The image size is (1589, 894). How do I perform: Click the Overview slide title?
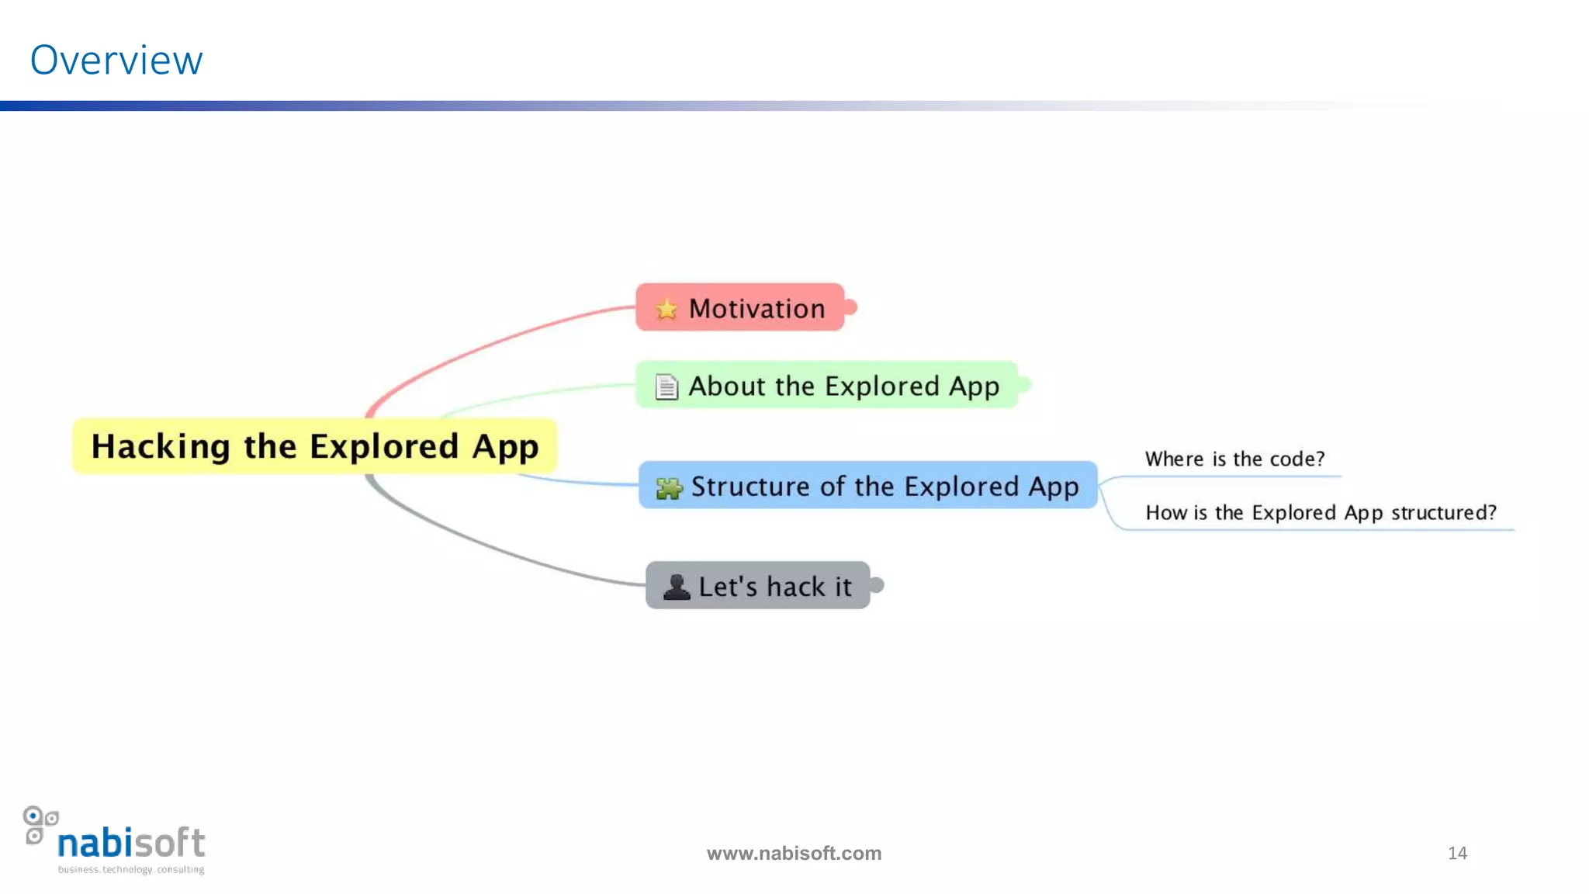[x=116, y=61]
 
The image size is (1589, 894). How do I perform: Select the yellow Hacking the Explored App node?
[x=314, y=446]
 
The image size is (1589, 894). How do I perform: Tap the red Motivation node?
[x=740, y=308]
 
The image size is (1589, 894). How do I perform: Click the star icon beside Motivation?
[x=666, y=310]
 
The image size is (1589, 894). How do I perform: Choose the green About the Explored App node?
[x=826, y=385]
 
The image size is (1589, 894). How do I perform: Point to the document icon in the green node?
[x=666, y=386]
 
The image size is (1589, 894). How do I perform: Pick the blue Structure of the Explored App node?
[x=867, y=486]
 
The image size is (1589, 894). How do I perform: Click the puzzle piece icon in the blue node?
[x=669, y=488]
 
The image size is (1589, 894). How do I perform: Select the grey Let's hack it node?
[x=758, y=586]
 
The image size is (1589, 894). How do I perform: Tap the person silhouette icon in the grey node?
[x=677, y=587]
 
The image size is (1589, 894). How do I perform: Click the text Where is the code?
[x=1234, y=459]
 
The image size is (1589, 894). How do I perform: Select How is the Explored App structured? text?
[x=1321, y=513]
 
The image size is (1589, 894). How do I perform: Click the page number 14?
[x=1457, y=853]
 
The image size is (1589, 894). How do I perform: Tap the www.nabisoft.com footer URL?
[x=794, y=854]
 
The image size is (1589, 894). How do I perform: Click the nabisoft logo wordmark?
[x=131, y=843]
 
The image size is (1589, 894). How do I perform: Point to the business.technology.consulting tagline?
[x=131, y=870]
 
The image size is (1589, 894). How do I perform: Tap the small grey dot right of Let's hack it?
[x=878, y=584]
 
